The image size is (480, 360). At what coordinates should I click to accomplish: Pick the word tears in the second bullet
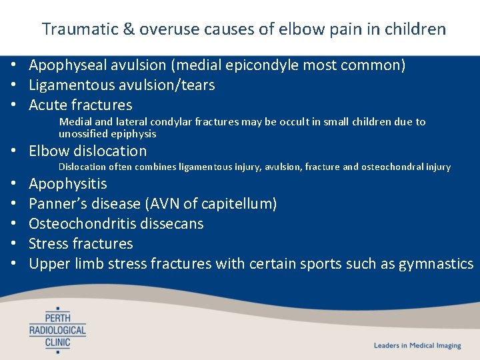click(x=198, y=85)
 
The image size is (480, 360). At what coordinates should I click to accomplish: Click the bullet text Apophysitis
click(x=67, y=184)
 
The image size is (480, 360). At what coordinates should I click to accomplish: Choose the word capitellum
click(x=244, y=204)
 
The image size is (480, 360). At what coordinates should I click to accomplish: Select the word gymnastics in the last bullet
click(x=436, y=264)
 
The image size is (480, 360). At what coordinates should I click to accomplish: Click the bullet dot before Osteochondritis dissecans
click(x=13, y=224)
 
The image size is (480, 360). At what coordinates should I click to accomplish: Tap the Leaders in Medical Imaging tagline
click(x=417, y=345)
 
